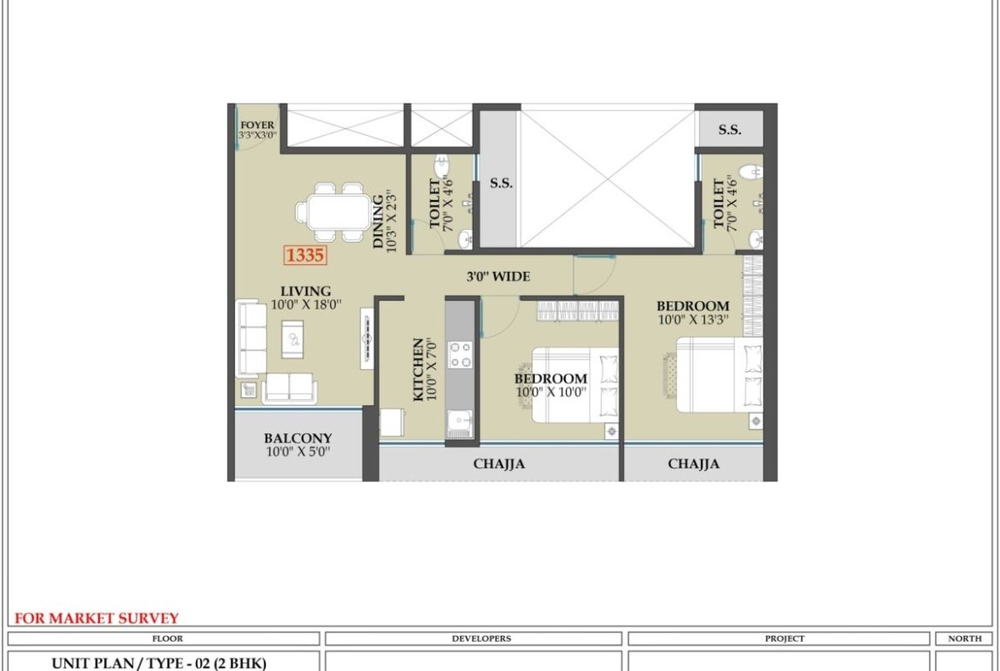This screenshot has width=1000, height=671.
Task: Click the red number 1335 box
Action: click(x=305, y=255)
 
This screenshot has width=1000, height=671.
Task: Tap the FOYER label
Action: click(x=257, y=126)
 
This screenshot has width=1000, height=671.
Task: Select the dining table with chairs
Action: click(x=333, y=212)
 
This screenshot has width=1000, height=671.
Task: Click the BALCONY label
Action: click(x=297, y=439)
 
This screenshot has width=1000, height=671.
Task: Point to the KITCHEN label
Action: click(x=418, y=369)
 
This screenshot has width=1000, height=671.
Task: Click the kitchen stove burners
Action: click(x=461, y=356)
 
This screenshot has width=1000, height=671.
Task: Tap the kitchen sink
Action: click(x=460, y=423)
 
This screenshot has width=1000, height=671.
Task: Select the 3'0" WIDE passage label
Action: click(x=498, y=277)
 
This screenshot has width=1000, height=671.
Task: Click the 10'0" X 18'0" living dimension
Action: click(x=306, y=305)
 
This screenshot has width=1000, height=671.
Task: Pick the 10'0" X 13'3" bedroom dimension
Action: click(x=693, y=319)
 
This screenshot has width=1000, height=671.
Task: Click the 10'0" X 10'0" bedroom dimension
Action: click(x=551, y=391)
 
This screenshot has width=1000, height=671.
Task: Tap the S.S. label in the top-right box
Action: click(x=730, y=129)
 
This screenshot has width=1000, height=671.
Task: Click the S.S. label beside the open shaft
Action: click(x=501, y=183)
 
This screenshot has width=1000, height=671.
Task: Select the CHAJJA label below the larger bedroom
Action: click(x=694, y=463)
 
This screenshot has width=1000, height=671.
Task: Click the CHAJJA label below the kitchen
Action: click(x=499, y=463)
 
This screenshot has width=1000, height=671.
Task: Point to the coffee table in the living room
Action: click(x=292, y=339)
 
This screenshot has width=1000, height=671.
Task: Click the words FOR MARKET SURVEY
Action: click(x=97, y=618)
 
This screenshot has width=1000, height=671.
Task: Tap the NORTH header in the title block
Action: click(x=965, y=639)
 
